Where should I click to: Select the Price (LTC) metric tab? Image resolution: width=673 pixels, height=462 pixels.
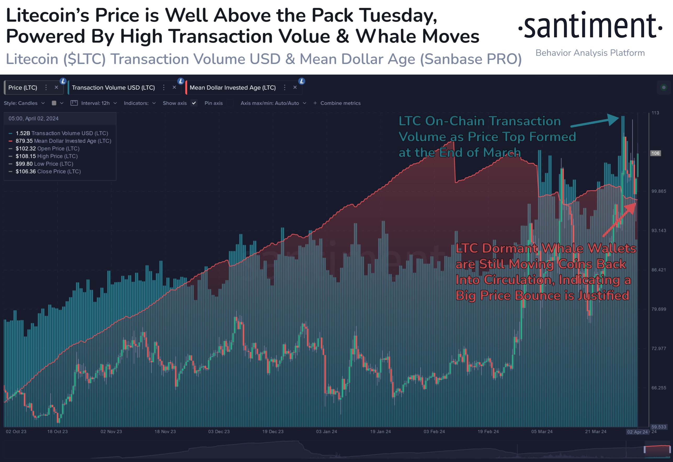click(22, 88)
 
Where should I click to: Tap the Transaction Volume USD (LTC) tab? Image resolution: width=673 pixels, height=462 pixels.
click(113, 88)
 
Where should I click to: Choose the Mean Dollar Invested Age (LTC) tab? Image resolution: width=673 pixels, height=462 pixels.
click(232, 88)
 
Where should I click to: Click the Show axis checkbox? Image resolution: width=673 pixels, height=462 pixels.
click(194, 103)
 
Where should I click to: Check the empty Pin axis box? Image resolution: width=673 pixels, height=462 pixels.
click(230, 103)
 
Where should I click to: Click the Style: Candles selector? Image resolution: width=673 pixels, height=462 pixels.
click(24, 103)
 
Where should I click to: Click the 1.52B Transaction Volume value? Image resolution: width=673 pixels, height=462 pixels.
click(23, 133)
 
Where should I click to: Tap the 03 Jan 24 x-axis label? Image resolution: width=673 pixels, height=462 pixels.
click(326, 432)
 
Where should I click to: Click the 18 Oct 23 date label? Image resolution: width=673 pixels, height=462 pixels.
click(57, 432)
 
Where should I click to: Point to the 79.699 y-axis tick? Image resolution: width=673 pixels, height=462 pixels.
click(659, 309)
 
